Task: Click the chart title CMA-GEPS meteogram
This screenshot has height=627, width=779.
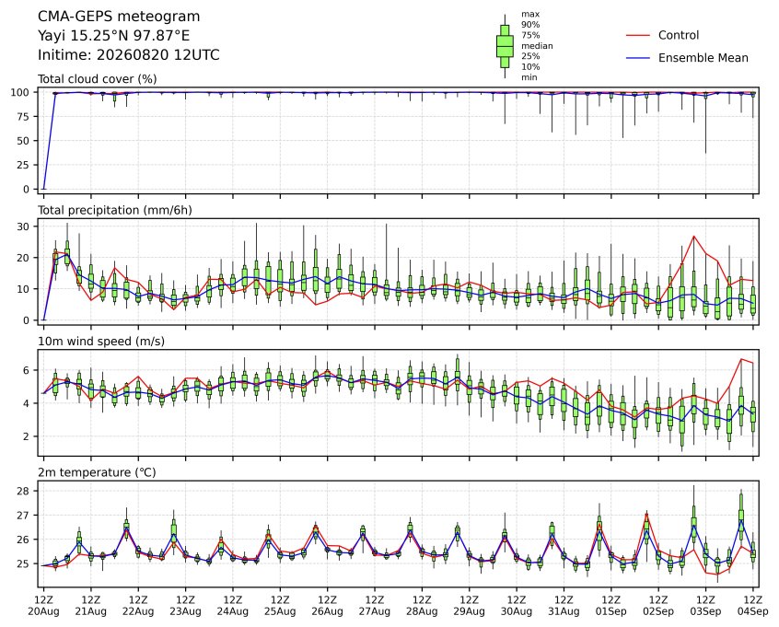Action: (119, 17)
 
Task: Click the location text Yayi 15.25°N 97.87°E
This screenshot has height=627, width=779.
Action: (114, 36)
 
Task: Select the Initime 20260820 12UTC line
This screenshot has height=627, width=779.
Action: (129, 54)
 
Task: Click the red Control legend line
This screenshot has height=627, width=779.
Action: (638, 35)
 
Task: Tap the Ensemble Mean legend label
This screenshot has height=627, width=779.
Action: (703, 58)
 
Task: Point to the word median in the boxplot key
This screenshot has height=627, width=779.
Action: (537, 46)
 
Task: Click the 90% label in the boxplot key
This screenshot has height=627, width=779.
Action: (530, 24)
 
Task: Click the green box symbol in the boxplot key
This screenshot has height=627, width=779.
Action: (506, 46)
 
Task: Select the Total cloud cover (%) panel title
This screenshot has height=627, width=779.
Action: (98, 79)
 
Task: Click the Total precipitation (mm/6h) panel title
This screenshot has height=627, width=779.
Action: (115, 210)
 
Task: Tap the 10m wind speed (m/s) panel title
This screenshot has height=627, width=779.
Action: (101, 342)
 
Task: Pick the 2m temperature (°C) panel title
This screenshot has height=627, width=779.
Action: (97, 472)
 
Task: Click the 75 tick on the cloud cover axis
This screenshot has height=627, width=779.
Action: (24, 116)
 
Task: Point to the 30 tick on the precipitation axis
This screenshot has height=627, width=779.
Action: (24, 226)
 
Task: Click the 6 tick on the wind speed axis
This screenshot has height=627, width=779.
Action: (27, 371)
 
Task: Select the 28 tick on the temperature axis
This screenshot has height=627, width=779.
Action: (24, 491)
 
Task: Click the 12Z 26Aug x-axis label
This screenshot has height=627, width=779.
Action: (328, 606)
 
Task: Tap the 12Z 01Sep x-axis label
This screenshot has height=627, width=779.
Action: (611, 606)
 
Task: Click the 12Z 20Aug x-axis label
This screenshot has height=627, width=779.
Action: (43, 606)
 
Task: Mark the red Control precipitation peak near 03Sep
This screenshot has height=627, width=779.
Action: (693, 237)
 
